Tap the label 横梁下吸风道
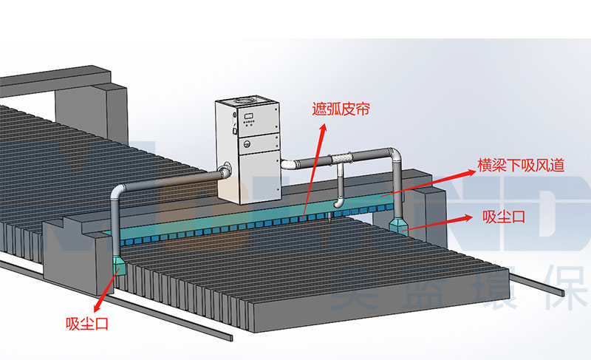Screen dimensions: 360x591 click(522, 166)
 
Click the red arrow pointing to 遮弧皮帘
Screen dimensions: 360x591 click(314, 166)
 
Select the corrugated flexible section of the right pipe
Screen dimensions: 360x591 click(342, 157)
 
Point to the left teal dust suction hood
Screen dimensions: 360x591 click(120, 264)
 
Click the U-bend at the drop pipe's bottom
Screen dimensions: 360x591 click(338, 200)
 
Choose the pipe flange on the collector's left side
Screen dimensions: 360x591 click(224, 171)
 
